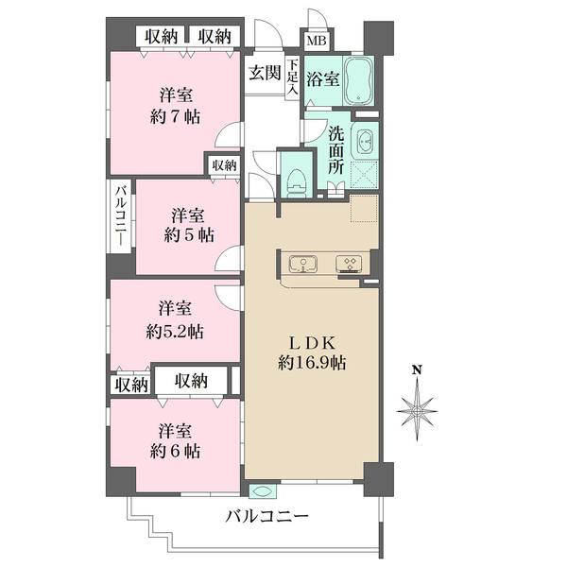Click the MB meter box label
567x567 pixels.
pyautogui.click(x=317, y=40)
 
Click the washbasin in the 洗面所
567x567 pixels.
pyautogui.click(x=365, y=143)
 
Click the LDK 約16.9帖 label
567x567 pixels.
pyautogui.click(x=311, y=351)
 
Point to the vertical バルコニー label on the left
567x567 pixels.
pyautogui.click(x=121, y=216)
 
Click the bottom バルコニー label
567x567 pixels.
pyautogui.click(x=266, y=517)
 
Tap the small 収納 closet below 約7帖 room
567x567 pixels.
pyautogui.click(x=224, y=165)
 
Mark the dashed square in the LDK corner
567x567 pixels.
pyautogui.click(x=363, y=210)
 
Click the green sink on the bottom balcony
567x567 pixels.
pyautogui.click(x=262, y=491)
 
